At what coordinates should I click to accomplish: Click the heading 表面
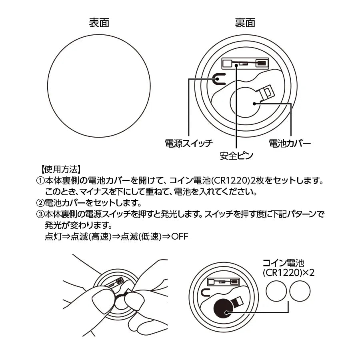99,23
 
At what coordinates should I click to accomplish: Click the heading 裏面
245,23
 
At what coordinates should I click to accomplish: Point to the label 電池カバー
290,143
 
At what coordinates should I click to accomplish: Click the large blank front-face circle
99,86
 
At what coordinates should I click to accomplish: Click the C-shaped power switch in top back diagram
218,79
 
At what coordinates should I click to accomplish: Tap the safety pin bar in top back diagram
244,64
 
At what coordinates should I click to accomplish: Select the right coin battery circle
300,291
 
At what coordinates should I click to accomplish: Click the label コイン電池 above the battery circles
283,263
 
